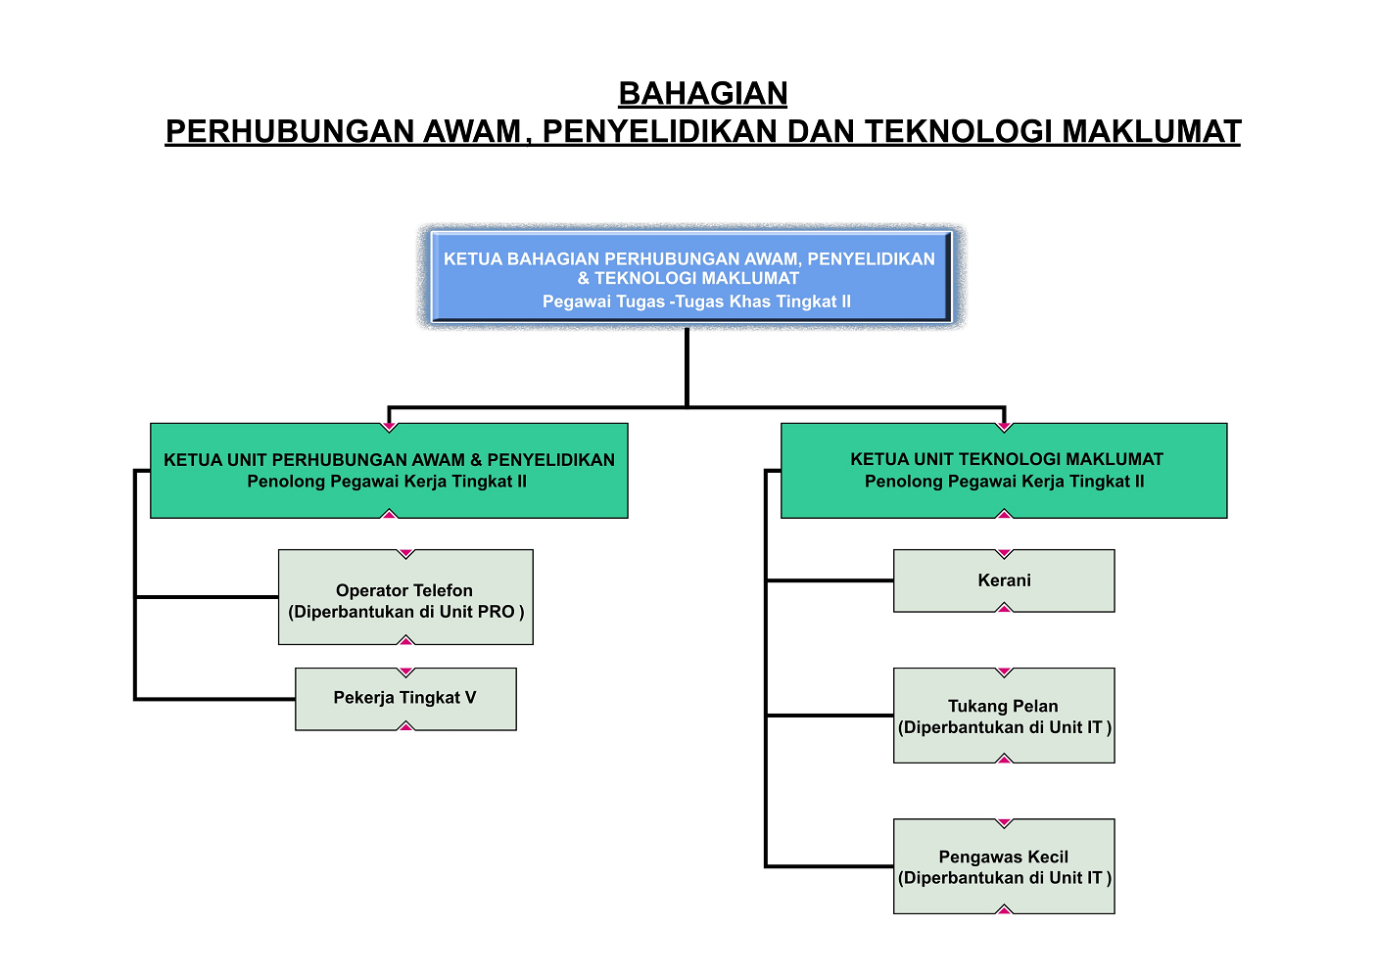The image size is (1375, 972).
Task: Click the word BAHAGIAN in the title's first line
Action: click(703, 94)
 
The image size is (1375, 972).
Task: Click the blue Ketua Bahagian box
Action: click(691, 276)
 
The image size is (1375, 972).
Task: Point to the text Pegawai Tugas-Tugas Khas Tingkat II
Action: click(696, 301)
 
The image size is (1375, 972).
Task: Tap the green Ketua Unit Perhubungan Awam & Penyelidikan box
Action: click(389, 471)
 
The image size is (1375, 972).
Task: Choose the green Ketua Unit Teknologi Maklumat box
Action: click(1004, 471)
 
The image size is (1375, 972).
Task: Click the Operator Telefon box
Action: click(405, 597)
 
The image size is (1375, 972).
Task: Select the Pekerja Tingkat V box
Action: click(405, 699)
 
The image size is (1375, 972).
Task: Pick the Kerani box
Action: click(1004, 580)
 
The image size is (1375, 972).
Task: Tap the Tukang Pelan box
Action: click(1004, 716)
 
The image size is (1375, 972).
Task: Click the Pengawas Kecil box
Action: click(1004, 866)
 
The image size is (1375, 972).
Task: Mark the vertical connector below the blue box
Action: click(687, 367)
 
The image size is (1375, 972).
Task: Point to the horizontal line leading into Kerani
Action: click(830, 580)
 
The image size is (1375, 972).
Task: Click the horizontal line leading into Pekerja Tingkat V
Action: click(215, 699)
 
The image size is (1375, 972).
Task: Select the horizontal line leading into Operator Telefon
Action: click(207, 597)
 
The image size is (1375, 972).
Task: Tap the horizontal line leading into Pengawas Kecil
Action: click(830, 866)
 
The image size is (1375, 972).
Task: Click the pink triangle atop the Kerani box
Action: click(1004, 553)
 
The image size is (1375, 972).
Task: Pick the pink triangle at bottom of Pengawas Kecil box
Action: click(1004, 910)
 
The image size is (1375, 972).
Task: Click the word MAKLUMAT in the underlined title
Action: click(1152, 131)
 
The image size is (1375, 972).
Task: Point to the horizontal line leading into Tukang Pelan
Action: click(830, 716)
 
